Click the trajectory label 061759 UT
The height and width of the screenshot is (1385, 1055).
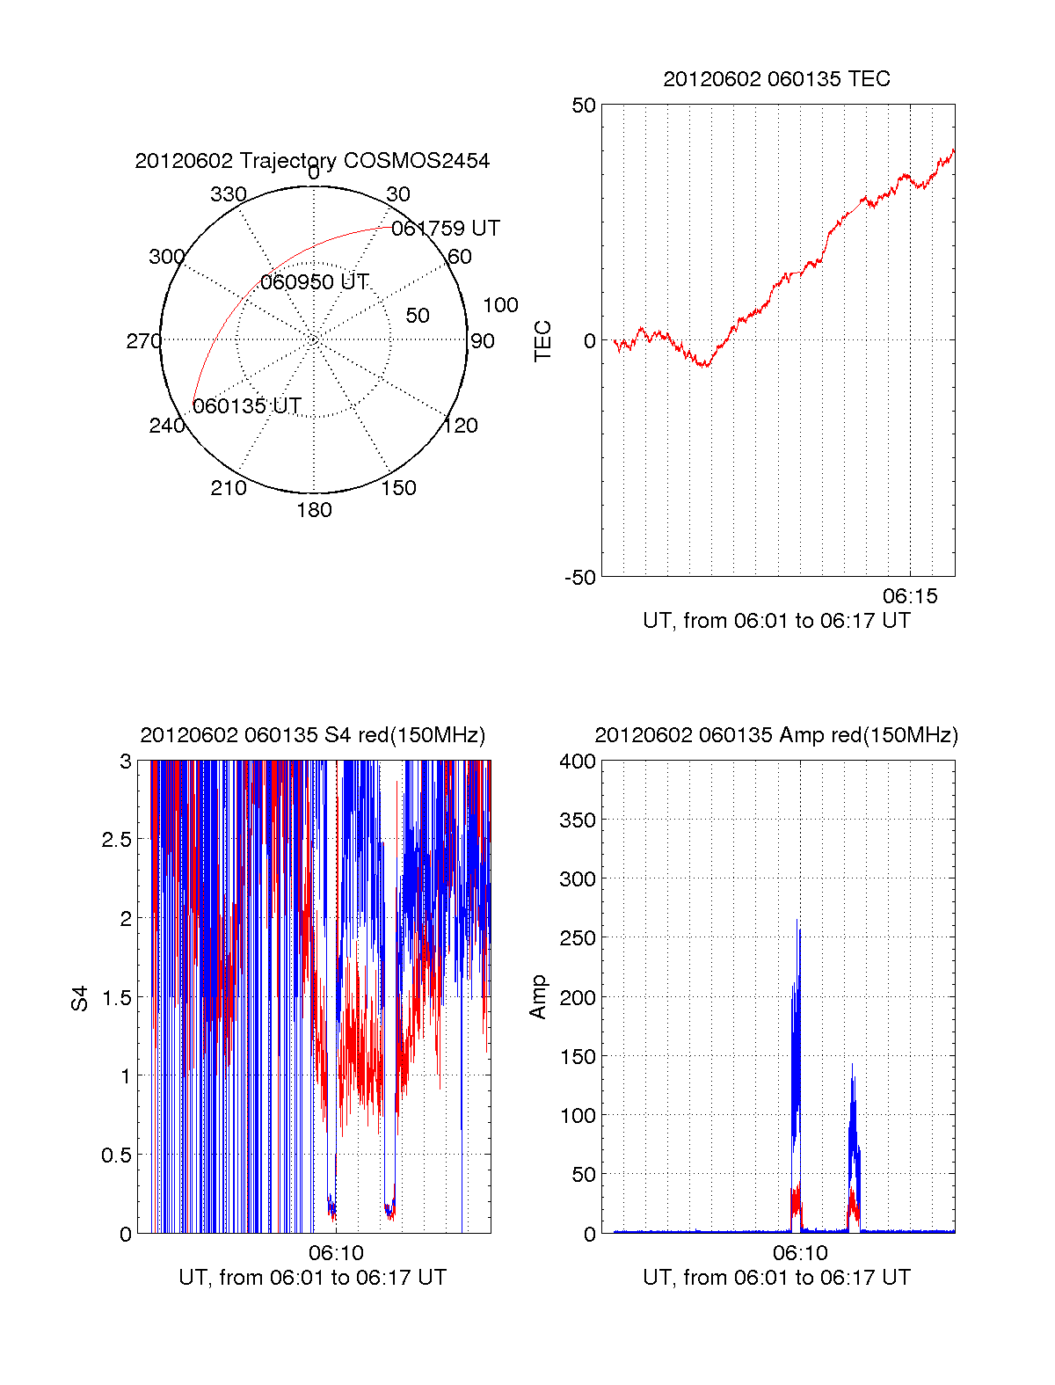coord(445,229)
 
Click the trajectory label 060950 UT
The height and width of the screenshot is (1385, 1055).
coord(314,282)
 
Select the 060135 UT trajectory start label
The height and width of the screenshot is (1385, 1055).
coord(247,406)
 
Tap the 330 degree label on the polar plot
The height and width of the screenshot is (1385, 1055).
coord(229,194)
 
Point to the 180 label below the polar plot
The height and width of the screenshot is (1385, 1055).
coord(314,510)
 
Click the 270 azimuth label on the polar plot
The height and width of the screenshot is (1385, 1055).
coord(143,341)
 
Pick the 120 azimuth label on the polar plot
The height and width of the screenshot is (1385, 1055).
coord(461,426)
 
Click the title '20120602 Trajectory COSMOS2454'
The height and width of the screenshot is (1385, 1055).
coord(312,161)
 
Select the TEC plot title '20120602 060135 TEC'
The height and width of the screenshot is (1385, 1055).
coord(776,79)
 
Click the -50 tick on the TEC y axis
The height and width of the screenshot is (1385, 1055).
coord(580,578)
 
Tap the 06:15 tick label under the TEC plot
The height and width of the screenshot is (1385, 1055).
coord(910,596)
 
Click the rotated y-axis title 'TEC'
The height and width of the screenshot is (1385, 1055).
coord(543,341)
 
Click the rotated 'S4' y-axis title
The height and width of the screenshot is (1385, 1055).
coord(80,998)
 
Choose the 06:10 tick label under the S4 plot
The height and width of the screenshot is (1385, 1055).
coord(336,1252)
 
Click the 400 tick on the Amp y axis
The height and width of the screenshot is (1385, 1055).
coord(578,762)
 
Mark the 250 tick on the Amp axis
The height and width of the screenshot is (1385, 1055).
coord(578,938)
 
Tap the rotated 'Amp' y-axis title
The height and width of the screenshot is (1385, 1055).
coord(538,997)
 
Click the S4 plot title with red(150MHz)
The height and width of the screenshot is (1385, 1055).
coord(312,735)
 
